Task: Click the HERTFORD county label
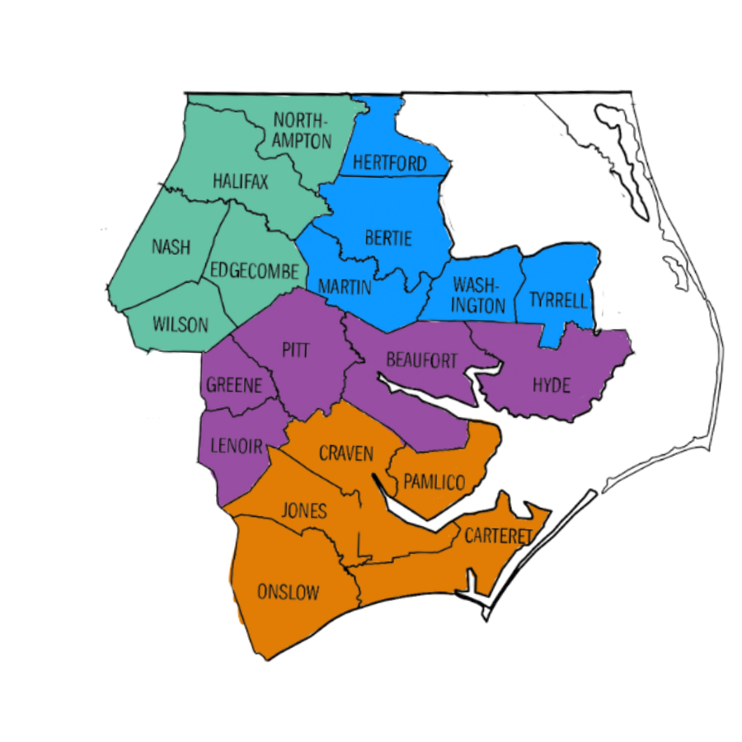click(x=390, y=163)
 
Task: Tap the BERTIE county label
click(x=387, y=239)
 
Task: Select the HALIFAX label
click(x=240, y=182)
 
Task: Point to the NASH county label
click(x=171, y=247)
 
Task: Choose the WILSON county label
click(x=181, y=325)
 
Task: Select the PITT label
click(x=295, y=350)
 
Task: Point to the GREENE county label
click(x=234, y=385)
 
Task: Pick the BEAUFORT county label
click(x=421, y=360)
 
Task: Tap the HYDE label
click(x=551, y=385)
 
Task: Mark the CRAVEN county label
click(x=346, y=453)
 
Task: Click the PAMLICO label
click(x=434, y=482)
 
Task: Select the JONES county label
click(x=304, y=511)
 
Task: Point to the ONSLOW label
click(x=288, y=592)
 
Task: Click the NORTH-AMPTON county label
click(x=303, y=130)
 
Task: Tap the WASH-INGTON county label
click(x=476, y=296)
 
